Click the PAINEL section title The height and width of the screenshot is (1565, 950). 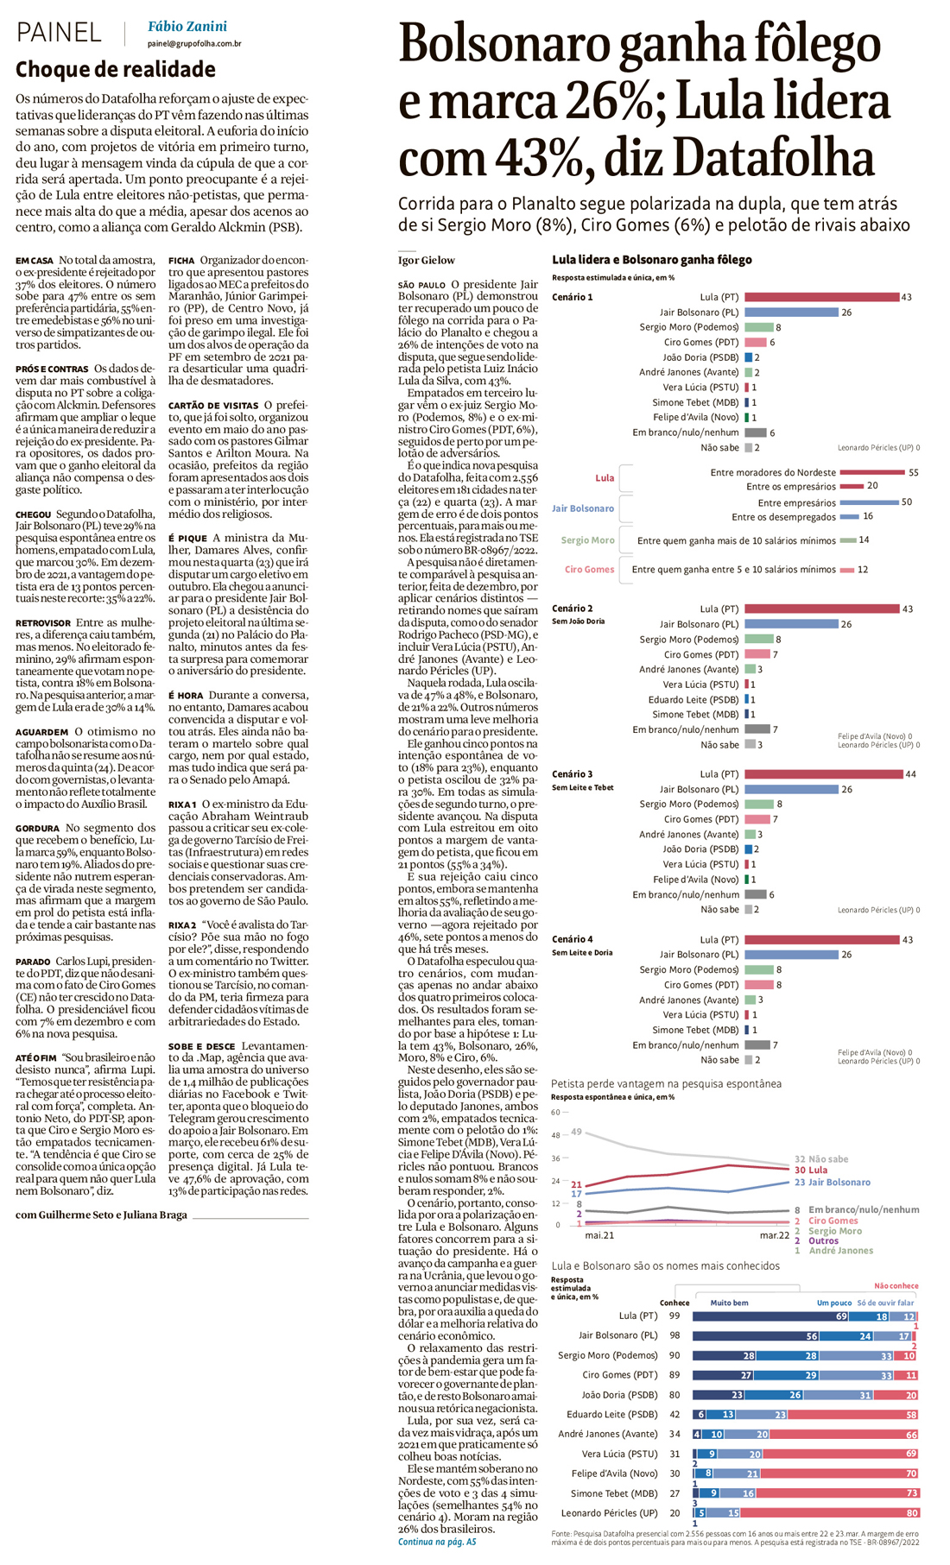tap(59, 33)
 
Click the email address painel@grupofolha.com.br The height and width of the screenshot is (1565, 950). tap(193, 44)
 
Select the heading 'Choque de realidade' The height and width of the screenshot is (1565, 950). tap(116, 69)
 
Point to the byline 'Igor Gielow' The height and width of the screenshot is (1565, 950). tap(426, 260)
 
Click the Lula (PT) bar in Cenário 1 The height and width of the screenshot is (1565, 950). tap(820, 297)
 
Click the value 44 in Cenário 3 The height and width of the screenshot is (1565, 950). tap(910, 774)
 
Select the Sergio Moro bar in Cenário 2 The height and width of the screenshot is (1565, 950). tap(758, 640)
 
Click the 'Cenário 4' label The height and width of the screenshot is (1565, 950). tap(572, 939)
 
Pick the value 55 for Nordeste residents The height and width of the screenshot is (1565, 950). tap(914, 472)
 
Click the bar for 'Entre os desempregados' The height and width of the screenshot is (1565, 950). tap(849, 517)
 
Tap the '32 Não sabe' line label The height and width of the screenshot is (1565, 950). tap(820, 1159)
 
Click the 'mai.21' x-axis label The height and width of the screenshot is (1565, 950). tap(599, 1235)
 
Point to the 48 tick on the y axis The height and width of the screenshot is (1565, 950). tap(555, 1135)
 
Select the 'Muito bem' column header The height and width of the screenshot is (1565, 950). tap(729, 1303)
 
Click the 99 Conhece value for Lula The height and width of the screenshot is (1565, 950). tap(674, 1316)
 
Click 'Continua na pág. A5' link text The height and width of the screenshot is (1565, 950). tap(436, 1542)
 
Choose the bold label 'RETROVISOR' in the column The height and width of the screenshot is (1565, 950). tap(43, 622)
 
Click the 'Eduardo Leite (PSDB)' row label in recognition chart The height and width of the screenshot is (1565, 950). tap(611, 1415)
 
